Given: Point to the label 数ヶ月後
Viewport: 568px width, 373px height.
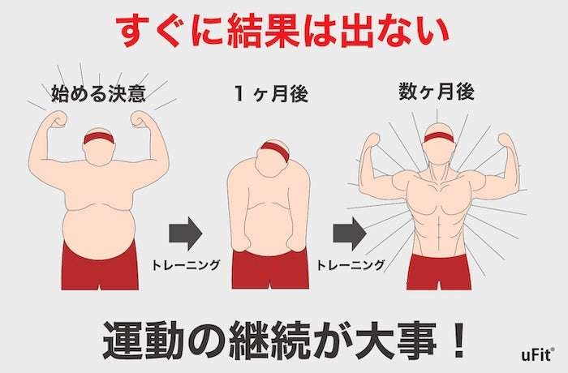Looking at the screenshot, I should pos(436,93).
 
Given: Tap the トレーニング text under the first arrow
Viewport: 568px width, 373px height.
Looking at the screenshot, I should pos(187,264).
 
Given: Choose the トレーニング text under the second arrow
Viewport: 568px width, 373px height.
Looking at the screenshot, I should pos(351,264).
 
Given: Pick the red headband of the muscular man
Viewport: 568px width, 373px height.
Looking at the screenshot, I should pos(438,136).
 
